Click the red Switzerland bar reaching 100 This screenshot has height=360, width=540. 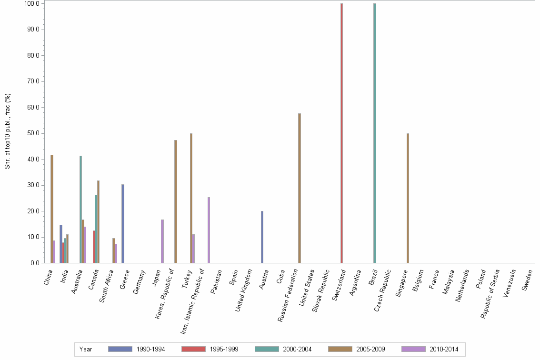[341, 133]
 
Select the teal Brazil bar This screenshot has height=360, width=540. [375, 133]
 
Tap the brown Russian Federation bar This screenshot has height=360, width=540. [300, 188]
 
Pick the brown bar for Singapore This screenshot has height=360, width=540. [408, 198]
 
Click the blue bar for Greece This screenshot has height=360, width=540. [123, 224]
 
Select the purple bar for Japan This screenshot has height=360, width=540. [162, 241]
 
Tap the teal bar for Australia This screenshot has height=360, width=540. [81, 210]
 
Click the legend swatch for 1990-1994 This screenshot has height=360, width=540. [120, 349]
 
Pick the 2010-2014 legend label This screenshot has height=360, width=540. [444, 349]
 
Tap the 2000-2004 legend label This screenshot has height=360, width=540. [297, 349]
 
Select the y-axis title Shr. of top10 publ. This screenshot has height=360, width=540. [8, 131]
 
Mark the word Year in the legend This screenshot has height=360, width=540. [86, 349]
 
